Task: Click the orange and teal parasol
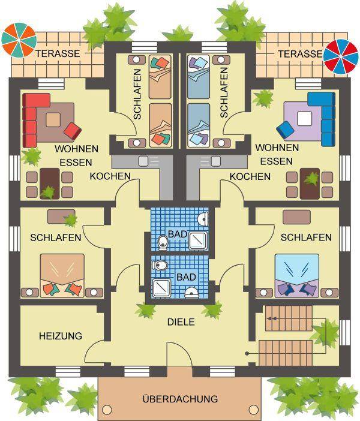(19, 40)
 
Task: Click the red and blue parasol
(341, 56)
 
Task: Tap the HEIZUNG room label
(61, 336)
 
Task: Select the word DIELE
(181, 322)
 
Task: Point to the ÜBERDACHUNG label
(180, 399)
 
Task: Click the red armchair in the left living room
(73, 131)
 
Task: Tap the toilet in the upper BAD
(163, 242)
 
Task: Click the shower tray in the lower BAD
(162, 288)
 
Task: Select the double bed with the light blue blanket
(297, 276)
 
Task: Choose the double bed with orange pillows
(62, 276)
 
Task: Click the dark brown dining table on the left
(50, 184)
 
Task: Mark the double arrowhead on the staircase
(272, 318)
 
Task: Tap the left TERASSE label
(58, 53)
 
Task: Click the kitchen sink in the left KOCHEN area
(143, 161)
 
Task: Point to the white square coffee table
(305, 119)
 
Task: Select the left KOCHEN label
(110, 176)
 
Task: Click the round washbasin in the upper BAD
(203, 218)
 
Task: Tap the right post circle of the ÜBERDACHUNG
(254, 410)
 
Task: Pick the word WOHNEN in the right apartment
(277, 148)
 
